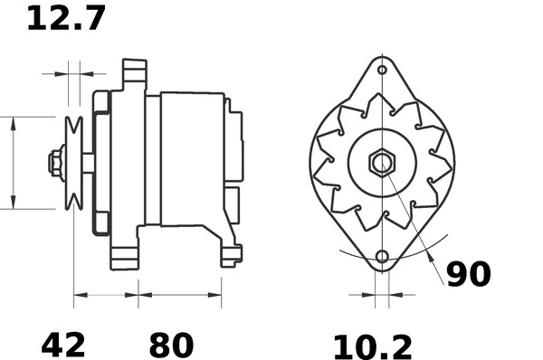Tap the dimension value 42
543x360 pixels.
tap(63, 345)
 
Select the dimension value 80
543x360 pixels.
tap(171, 345)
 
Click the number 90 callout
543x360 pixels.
tap(468, 274)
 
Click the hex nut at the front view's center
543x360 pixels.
tap(382, 164)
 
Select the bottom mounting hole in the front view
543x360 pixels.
tap(382, 257)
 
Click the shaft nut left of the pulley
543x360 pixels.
tap(54, 163)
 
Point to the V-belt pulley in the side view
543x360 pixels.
tap(74, 163)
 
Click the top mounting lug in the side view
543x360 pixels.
tap(134, 72)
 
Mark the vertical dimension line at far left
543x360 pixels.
tap(13, 163)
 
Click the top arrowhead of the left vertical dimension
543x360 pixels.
tap(13, 122)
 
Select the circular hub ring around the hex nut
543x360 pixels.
tap(382, 140)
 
